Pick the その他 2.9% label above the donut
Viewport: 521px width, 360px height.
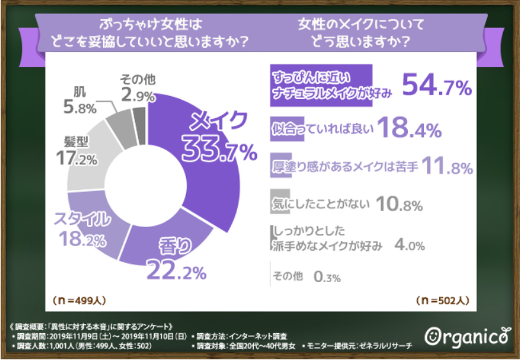click(x=135, y=88)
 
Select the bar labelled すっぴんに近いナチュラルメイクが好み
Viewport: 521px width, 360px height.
click(x=320, y=84)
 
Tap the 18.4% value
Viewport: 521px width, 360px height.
click(x=409, y=129)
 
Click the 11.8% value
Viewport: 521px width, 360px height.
click(x=447, y=168)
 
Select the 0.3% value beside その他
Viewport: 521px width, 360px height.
click(x=327, y=277)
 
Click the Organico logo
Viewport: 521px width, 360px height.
click(x=467, y=335)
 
